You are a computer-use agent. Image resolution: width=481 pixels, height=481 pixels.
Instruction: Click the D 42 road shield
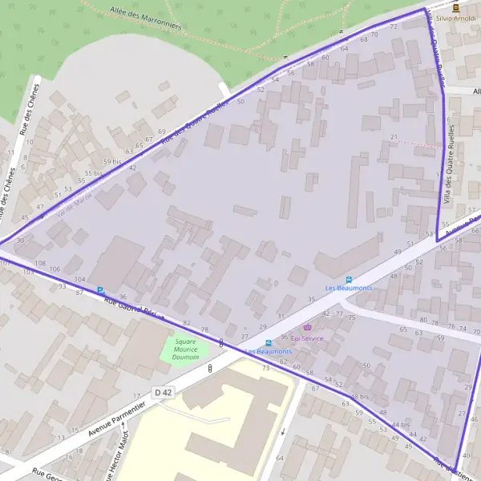pos(164,392)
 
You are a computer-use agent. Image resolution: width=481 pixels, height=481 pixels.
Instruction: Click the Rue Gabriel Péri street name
pos(134,305)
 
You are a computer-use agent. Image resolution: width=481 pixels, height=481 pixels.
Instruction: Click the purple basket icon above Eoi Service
pos(308,328)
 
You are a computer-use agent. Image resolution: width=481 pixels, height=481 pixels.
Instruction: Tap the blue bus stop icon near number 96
pos(100,290)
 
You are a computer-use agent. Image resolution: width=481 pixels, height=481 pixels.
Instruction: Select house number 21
pos(394,137)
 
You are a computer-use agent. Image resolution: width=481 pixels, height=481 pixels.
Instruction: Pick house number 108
pos(41,263)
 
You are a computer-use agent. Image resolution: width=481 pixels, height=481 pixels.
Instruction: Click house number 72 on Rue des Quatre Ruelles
pos(394,26)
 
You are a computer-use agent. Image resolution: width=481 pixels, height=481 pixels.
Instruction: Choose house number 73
pos(266,367)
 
